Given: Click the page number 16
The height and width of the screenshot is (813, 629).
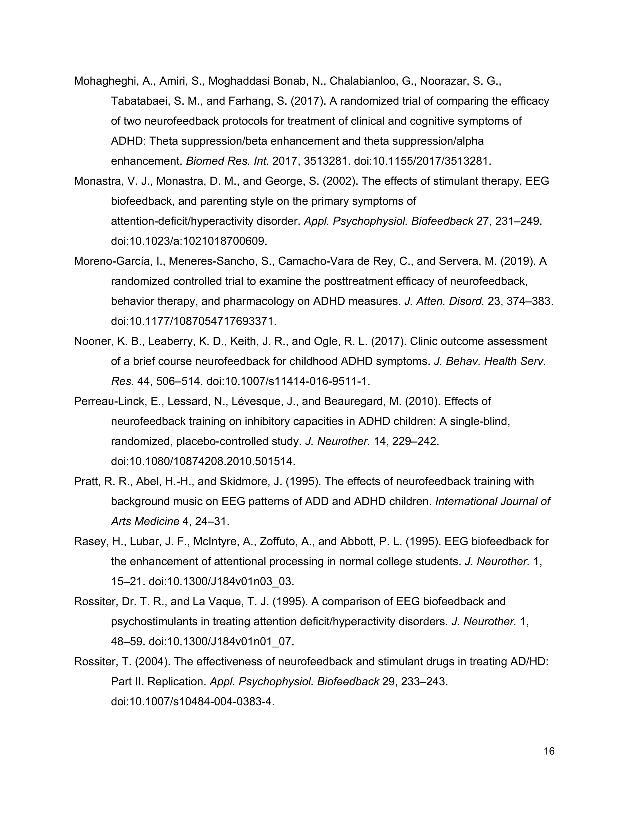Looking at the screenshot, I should click(549, 751).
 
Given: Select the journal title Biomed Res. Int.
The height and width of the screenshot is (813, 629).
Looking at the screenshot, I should click(227, 161).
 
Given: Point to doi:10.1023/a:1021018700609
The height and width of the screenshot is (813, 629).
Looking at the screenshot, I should click(189, 241).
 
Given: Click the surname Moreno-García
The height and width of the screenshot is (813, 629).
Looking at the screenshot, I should click(112, 261).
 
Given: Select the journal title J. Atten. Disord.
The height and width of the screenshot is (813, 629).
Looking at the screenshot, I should click(444, 301).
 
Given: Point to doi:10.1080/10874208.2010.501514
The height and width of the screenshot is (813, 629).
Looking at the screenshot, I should click(203, 462).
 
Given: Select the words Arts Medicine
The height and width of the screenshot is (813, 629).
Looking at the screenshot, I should click(145, 522).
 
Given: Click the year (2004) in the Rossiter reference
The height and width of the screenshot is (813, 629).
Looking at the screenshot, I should click(152, 661).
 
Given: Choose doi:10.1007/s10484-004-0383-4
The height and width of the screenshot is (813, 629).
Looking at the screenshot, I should click(193, 702).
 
